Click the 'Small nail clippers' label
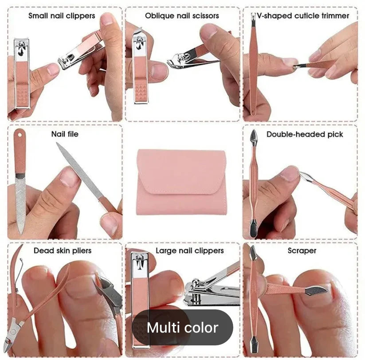(x=62, y=16)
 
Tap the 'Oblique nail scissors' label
(x=182, y=16)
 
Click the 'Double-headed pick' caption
(x=305, y=134)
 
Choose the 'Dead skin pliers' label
(x=63, y=250)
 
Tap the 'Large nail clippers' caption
(x=189, y=250)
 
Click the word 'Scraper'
(x=302, y=250)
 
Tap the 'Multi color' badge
(x=182, y=328)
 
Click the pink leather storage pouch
(x=182, y=182)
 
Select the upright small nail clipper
(x=22, y=73)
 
